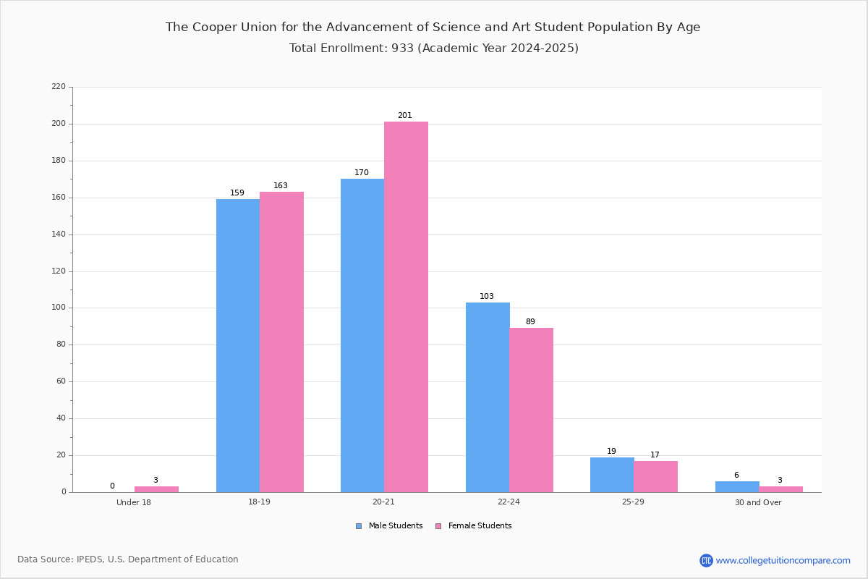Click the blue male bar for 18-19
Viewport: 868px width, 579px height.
pyautogui.click(x=238, y=345)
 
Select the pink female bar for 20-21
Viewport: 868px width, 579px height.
pyautogui.click(x=406, y=307)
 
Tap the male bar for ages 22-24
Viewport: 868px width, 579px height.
pyautogui.click(x=488, y=397)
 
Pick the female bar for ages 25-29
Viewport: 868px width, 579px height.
pyautogui.click(x=655, y=476)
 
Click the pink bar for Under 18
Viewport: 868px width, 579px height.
pyautogui.click(x=156, y=489)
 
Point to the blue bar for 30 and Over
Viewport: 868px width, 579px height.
pyautogui.click(x=737, y=486)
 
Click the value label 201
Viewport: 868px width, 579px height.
pyautogui.click(x=404, y=116)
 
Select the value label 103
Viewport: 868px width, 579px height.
pyautogui.click(x=487, y=297)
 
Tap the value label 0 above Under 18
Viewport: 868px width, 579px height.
pyautogui.click(x=112, y=486)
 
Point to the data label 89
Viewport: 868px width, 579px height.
pyautogui.click(x=530, y=322)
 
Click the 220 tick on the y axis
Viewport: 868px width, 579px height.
pyautogui.click(x=59, y=87)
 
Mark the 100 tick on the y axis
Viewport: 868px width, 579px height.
pyautogui.click(x=59, y=308)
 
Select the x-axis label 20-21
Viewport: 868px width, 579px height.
pyautogui.click(x=383, y=502)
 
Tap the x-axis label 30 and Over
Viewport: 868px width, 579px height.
pyautogui.click(x=758, y=502)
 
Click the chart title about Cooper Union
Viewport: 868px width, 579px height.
pyautogui.click(x=433, y=28)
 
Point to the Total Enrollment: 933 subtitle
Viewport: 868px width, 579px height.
pyautogui.click(x=433, y=48)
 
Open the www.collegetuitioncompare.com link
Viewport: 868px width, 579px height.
pyautogui.click(x=783, y=560)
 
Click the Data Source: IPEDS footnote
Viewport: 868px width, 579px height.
pyautogui.click(x=128, y=559)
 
